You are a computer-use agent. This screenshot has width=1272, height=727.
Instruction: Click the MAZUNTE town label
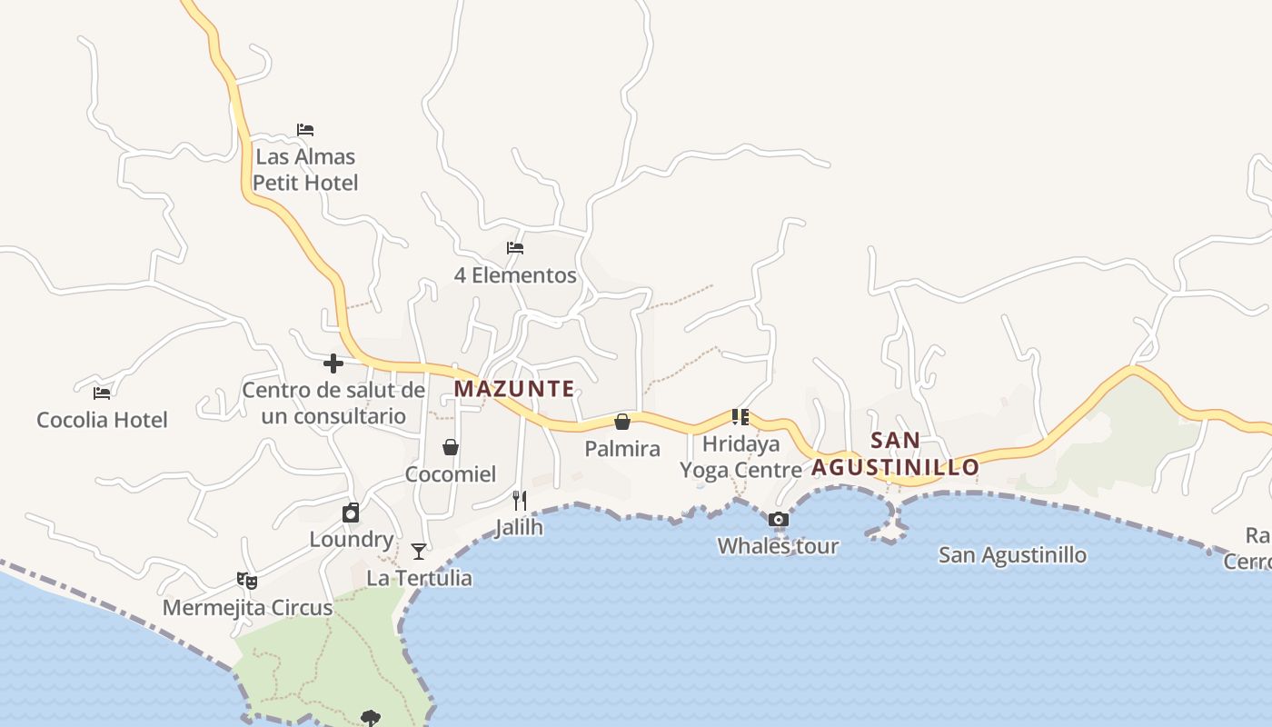click(514, 389)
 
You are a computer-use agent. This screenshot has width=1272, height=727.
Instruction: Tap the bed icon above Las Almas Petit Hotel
click(305, 130)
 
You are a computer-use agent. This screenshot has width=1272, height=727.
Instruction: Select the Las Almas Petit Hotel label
click(305, 170)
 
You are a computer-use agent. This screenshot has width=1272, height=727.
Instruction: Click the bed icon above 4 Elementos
click(515, 248)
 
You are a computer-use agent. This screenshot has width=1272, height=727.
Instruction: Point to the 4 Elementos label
click(515, 275)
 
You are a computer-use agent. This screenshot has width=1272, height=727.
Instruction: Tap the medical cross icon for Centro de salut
click(333, 363)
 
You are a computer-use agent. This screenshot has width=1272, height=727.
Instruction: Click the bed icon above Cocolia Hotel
click(102, 393)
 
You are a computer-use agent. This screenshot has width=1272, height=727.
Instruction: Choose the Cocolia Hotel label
click(102, 420)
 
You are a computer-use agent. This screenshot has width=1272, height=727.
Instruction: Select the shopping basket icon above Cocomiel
click(451, 447)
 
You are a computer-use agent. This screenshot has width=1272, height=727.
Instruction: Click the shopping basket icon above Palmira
click(622, 422)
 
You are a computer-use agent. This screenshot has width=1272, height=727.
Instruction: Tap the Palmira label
click(622, 449)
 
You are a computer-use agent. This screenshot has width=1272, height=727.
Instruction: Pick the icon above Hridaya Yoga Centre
click(740, 417)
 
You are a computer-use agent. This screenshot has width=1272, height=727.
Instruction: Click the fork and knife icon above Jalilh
click(520, 500)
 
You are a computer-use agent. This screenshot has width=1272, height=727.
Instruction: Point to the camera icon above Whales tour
click(778, 520)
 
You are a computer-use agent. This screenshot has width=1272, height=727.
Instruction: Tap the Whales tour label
click(778, 546)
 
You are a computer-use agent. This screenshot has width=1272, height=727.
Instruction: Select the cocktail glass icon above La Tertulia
click(419, 551)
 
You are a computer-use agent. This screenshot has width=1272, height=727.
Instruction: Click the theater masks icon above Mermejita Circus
click(247, 580)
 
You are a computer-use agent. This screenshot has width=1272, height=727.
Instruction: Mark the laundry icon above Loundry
click(351, 513)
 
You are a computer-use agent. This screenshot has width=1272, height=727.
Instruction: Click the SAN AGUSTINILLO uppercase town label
click(896, 453)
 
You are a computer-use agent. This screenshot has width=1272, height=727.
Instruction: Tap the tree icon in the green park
click(370, 718)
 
